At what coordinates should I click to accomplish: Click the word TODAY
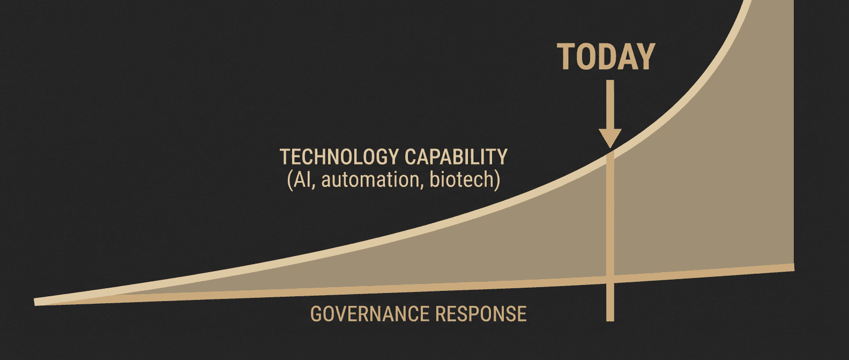click(606, 57)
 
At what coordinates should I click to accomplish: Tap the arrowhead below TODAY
click(610, 138)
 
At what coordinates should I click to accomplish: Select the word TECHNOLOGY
click(339, 157)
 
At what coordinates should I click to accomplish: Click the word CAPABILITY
click(456, 157)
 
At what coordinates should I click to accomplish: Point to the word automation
click(370, 179)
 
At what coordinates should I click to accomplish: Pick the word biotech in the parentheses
click(461, 179)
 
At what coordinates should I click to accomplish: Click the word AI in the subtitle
click(302, 180)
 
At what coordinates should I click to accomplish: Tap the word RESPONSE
click(480, 314)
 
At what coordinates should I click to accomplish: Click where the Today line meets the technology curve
click(610, 154)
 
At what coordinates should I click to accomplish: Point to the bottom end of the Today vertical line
click(610, 320)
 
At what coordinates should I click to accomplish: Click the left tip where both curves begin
click(36, 302)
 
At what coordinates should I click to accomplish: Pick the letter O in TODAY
click(587, 57)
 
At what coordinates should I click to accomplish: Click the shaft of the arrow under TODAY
click(610, 104)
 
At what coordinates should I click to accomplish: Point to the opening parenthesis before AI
click(290, 180)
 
